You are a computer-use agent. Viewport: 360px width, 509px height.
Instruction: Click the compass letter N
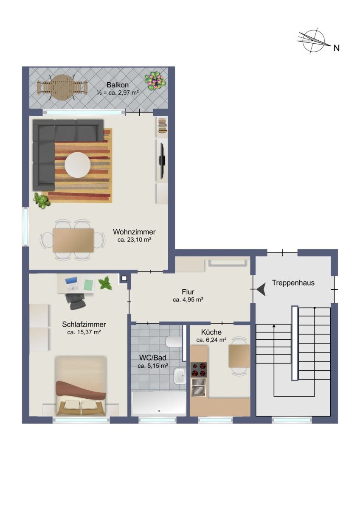(336, 48)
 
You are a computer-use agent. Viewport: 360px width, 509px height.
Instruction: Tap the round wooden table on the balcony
(62, 87)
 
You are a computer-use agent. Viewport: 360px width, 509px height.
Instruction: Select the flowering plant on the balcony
(155, 81)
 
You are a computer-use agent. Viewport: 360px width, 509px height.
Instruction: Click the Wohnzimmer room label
(134, 232)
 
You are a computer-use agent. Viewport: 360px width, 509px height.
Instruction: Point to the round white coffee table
(78, 165)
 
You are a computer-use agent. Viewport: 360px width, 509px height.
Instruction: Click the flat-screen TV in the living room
(162, 161)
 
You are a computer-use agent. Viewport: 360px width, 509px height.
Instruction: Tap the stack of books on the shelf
(162, 126)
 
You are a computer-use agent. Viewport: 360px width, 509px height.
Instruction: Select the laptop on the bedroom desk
(72, 284)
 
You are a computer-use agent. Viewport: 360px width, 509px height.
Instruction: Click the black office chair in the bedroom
(76, 301)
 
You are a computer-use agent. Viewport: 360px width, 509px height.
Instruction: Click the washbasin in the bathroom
(180, 375)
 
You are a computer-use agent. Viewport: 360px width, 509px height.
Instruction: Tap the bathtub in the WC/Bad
(159, 403)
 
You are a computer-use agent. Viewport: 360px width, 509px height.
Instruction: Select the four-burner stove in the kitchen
(199, 370)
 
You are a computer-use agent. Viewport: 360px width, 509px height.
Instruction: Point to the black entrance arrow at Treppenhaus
(262, 290)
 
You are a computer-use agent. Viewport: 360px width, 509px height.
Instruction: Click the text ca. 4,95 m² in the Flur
(188, 300)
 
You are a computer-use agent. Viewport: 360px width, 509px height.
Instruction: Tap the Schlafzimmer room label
(84, 324)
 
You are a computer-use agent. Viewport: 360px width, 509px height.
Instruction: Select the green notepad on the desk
(88, 285)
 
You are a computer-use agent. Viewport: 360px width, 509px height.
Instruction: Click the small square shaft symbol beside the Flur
(124, 278)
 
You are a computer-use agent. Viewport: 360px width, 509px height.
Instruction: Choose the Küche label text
(211, 332)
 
